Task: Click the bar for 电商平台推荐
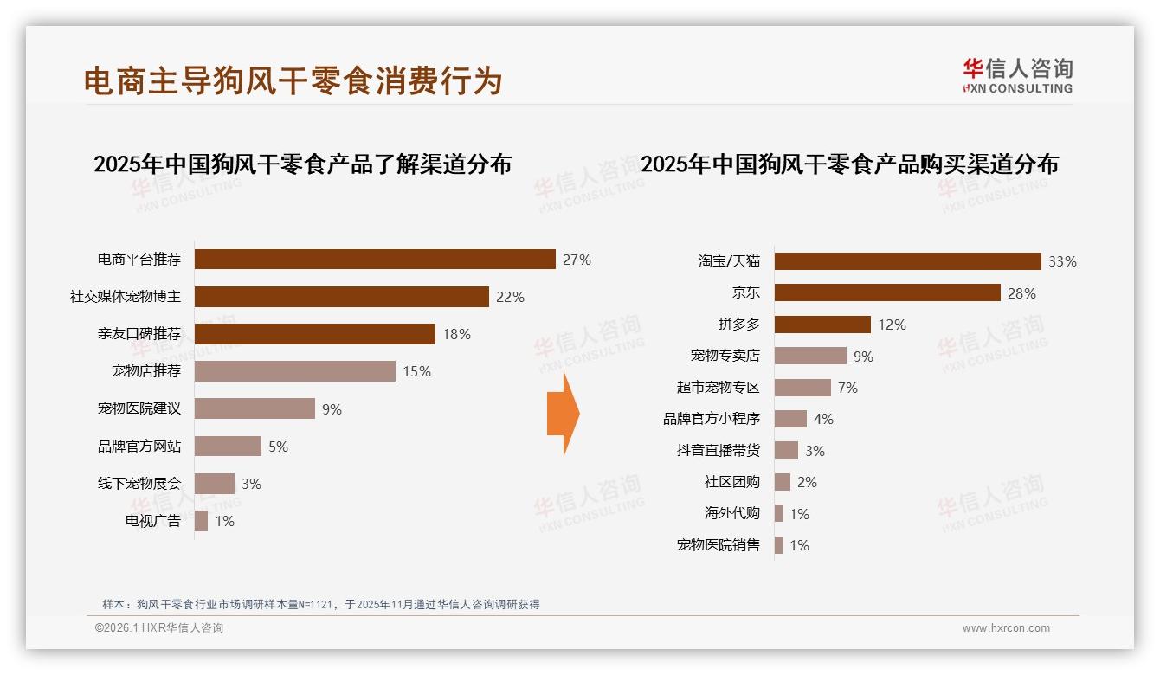tap(375, 260)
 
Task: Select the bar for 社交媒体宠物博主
tap(341, 297)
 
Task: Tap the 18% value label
tap(457, 334)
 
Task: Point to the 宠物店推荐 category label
tap(146, 371)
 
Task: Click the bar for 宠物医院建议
tap(255, 408)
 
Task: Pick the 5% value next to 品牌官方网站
tap(278, 447)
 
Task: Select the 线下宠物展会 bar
tap(215, 484)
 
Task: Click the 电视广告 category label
tap(153, 521)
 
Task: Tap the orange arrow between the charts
tap(563, 414)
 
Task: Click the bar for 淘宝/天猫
tap(907, 261)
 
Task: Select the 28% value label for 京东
tap(1021, 293)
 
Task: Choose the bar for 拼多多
tap(822, 325)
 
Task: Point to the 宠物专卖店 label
tap(725, 356)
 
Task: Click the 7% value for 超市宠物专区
tap(847, 388)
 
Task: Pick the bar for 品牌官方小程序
tap(790, 419)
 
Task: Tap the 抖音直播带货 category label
tap(718, 450)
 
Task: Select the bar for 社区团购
tap(783, 482)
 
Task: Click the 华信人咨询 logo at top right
tap(1017, 75)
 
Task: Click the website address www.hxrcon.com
tap(1006, 628)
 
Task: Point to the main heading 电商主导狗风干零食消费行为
tap(293, 80)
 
